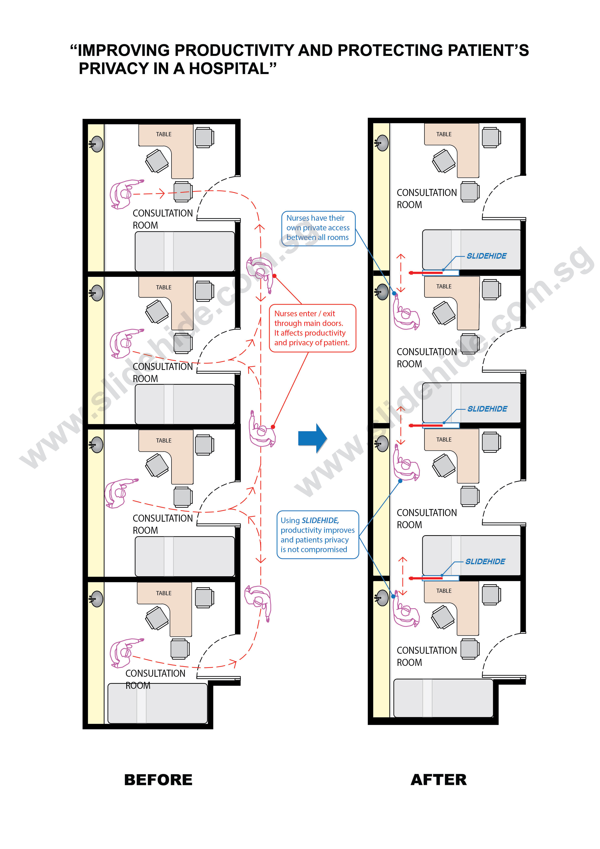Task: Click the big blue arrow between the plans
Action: coord(312,438)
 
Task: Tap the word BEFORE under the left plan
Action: coord(158,780)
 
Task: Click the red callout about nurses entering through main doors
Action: coord(312,328)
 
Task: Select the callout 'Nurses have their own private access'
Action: coord(318,228)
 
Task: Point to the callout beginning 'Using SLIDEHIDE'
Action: coord(318,535)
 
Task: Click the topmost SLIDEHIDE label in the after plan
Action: coord(487,256)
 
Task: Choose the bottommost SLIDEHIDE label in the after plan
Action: coord(485,561)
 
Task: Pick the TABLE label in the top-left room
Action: coord(164,134)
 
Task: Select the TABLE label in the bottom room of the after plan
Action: coord(444,591)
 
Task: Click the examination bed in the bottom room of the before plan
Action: coord(157,703)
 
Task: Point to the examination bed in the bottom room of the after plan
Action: coord(443,698)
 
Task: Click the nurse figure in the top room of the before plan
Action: coord(124,193)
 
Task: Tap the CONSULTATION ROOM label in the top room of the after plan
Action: coord(427,199)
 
